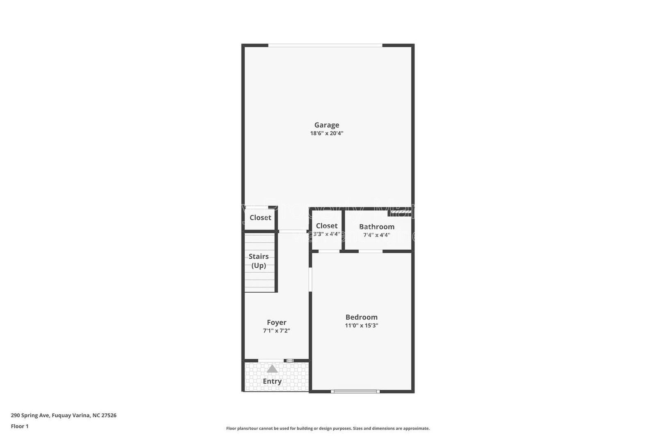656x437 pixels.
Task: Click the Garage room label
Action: [x=326, y=125]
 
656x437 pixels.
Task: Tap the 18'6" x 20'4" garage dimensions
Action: [x=326, y=133]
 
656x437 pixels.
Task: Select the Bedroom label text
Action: [x=361, y=317]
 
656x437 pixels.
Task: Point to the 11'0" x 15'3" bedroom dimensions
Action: [x=361, y=325]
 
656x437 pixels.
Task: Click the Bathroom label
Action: [x=376, y=227]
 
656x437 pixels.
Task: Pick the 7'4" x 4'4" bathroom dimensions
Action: [x=376, y=235]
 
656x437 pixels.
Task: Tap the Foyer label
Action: [x=276, y=323]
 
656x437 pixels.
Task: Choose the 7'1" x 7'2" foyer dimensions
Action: [x=276, y=330]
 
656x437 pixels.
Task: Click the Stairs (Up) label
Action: [x=258, y=261]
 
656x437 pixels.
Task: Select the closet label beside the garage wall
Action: [x=260, y=218]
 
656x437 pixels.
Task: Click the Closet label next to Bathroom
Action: [x=327, y=226]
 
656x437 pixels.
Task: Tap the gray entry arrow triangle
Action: [x=272, y=369]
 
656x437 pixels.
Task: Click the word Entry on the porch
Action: [x=272, y=381]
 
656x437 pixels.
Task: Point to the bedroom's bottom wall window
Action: [x=355, y=391]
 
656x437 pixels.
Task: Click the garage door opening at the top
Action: [x=325, y=45]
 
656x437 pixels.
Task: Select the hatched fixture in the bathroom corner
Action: [x=400, y=212]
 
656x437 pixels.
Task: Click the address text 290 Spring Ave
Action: [x=64, y=415]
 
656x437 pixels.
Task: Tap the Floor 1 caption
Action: [x=20, y=426]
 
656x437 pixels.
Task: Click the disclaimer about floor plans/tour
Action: [x=328, y=428]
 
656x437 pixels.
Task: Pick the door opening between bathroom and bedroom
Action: [x=371, y=251]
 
